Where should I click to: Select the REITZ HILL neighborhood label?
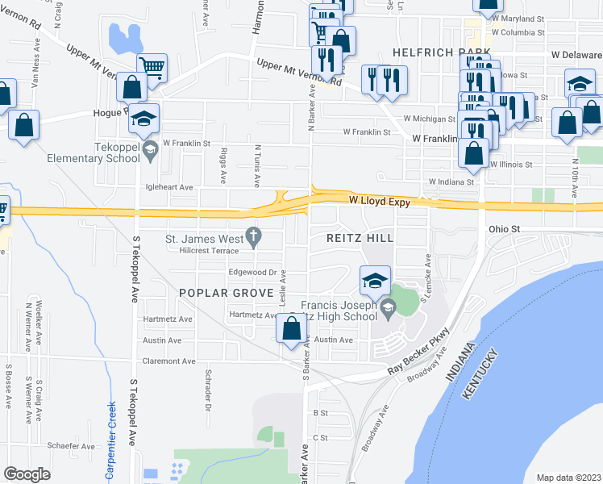[360, 239]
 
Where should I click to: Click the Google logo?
[27, 474]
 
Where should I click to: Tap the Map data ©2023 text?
[568, 478]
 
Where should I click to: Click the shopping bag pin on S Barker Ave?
[292, 328]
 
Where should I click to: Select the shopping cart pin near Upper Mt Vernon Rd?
[151, 67]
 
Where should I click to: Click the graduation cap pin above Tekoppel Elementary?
[143, 118]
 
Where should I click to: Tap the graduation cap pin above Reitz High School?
[375, 281]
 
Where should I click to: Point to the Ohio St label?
[505, 229]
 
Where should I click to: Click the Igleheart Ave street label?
[168, 187]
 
